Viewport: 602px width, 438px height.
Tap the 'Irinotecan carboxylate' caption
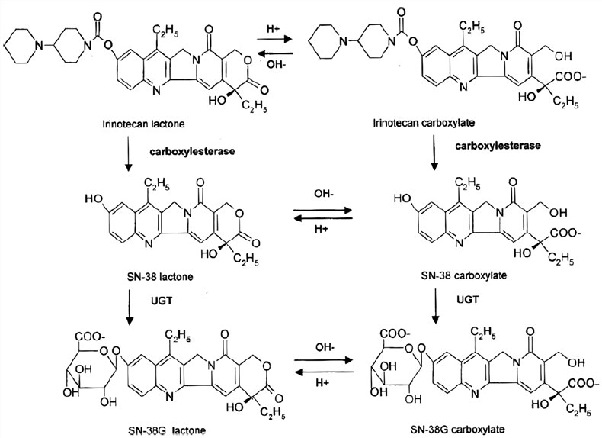point(415,122)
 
